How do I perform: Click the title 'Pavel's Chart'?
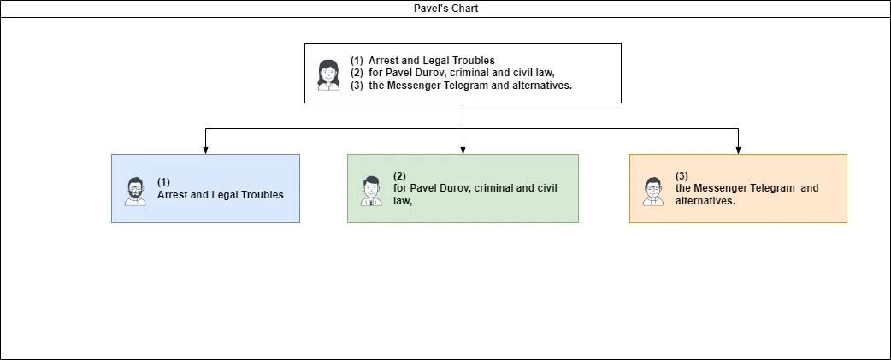coord(446,9)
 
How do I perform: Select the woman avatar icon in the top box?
coord(328,75)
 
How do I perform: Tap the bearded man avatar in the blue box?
coord(135,192)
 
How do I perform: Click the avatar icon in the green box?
coord(371,191)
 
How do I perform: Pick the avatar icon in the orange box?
coord(653,191)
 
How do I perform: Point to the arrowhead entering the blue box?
coord(205,150)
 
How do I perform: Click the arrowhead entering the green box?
coord(463,150)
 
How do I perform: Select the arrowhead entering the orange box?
coord(738,150)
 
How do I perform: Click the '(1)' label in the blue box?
coord(163,182)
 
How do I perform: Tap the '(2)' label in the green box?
coord(399,176)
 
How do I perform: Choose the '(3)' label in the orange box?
coord(682,176)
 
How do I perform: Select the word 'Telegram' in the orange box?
coord(773,188)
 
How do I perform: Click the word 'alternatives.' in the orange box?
coord(705,200)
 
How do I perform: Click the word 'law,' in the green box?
coord(402,200)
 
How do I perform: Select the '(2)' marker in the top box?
coord(357,73)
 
